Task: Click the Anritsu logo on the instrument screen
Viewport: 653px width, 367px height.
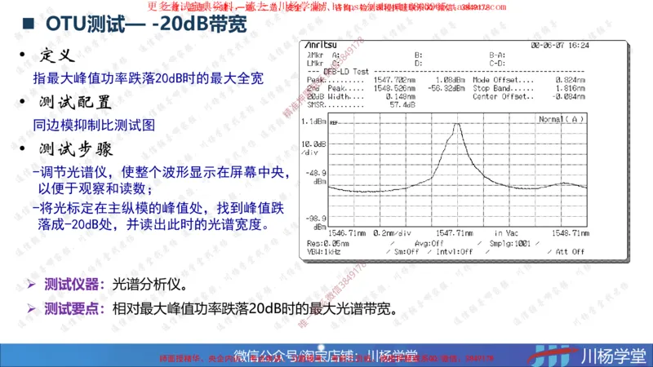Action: pos(321,46)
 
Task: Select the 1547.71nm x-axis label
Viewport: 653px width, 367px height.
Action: pos(455,232)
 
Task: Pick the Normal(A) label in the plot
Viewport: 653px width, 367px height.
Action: pos(562,120)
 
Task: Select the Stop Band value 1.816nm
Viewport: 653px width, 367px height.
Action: pos(570,88)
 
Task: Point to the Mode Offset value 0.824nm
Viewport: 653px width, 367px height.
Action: pos(570,80)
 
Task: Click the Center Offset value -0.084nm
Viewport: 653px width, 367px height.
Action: pos(568,96)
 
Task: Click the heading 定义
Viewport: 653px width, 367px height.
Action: pos(57,56)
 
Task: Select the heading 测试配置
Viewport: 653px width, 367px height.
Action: pos(74,104)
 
